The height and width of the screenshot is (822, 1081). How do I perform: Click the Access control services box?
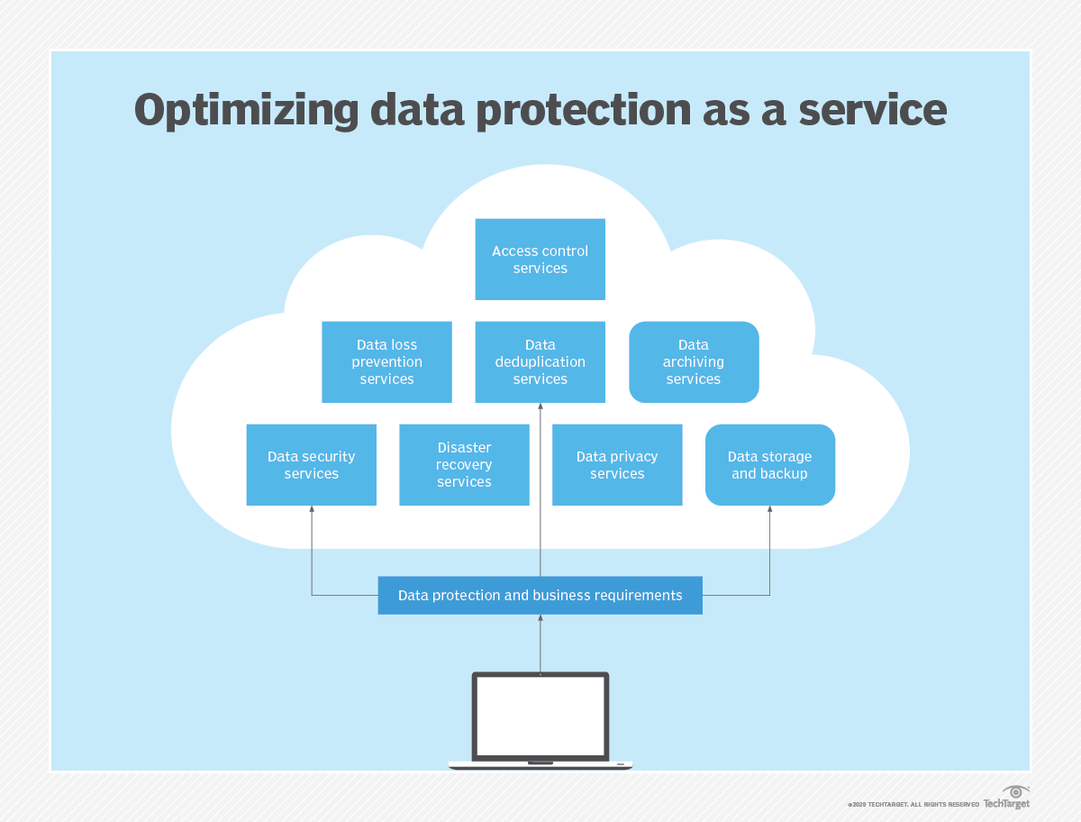click(540, 260)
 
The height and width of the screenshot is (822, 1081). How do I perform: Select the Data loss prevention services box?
click(386, 361)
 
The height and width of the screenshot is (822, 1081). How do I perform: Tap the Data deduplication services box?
click(540, 361)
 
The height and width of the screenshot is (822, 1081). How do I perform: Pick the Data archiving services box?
click(694, 361)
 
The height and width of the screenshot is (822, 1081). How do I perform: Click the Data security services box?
click(311, 464)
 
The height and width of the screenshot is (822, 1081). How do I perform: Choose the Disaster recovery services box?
click(464, 464)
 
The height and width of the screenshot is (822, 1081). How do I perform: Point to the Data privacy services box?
click(617, 464)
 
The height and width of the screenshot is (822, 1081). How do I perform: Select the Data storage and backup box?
click(770, 464)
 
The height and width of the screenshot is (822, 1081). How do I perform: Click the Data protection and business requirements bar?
click(540, 596)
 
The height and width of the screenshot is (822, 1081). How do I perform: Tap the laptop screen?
click(540, 716)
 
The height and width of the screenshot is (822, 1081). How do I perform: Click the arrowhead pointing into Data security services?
click(312, 510)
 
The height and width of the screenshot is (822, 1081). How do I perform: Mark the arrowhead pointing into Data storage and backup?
click(770, 510)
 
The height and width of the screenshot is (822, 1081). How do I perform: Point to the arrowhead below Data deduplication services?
click(540, 407)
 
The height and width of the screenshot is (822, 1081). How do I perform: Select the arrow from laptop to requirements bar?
click(540, 644)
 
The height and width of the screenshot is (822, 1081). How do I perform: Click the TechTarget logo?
click(1006, 799)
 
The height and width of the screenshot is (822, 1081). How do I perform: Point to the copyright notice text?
click(913, 804)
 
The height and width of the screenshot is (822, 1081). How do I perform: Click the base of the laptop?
click(540, 765)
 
